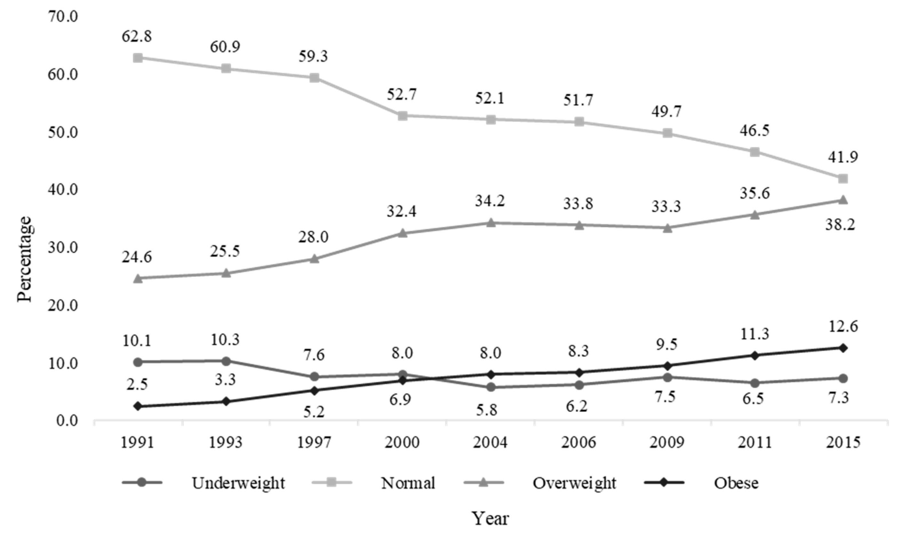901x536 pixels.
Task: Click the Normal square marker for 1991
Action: point(138,58)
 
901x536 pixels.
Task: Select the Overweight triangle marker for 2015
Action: point(843,200)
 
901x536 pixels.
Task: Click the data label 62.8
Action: point(137,36)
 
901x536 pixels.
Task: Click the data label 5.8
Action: point(487,410)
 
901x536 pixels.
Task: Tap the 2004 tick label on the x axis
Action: point(490,443)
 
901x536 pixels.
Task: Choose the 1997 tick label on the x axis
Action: point(314,443)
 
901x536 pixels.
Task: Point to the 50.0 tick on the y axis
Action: point(63,132)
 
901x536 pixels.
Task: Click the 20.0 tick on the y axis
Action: point(63,306)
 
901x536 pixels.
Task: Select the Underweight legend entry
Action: point(238,483)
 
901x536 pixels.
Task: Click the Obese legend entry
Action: point(736,483)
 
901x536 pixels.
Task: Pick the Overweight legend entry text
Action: point(575,483)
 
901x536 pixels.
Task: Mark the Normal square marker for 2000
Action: point(403,116)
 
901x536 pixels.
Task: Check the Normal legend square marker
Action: point(331,482)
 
